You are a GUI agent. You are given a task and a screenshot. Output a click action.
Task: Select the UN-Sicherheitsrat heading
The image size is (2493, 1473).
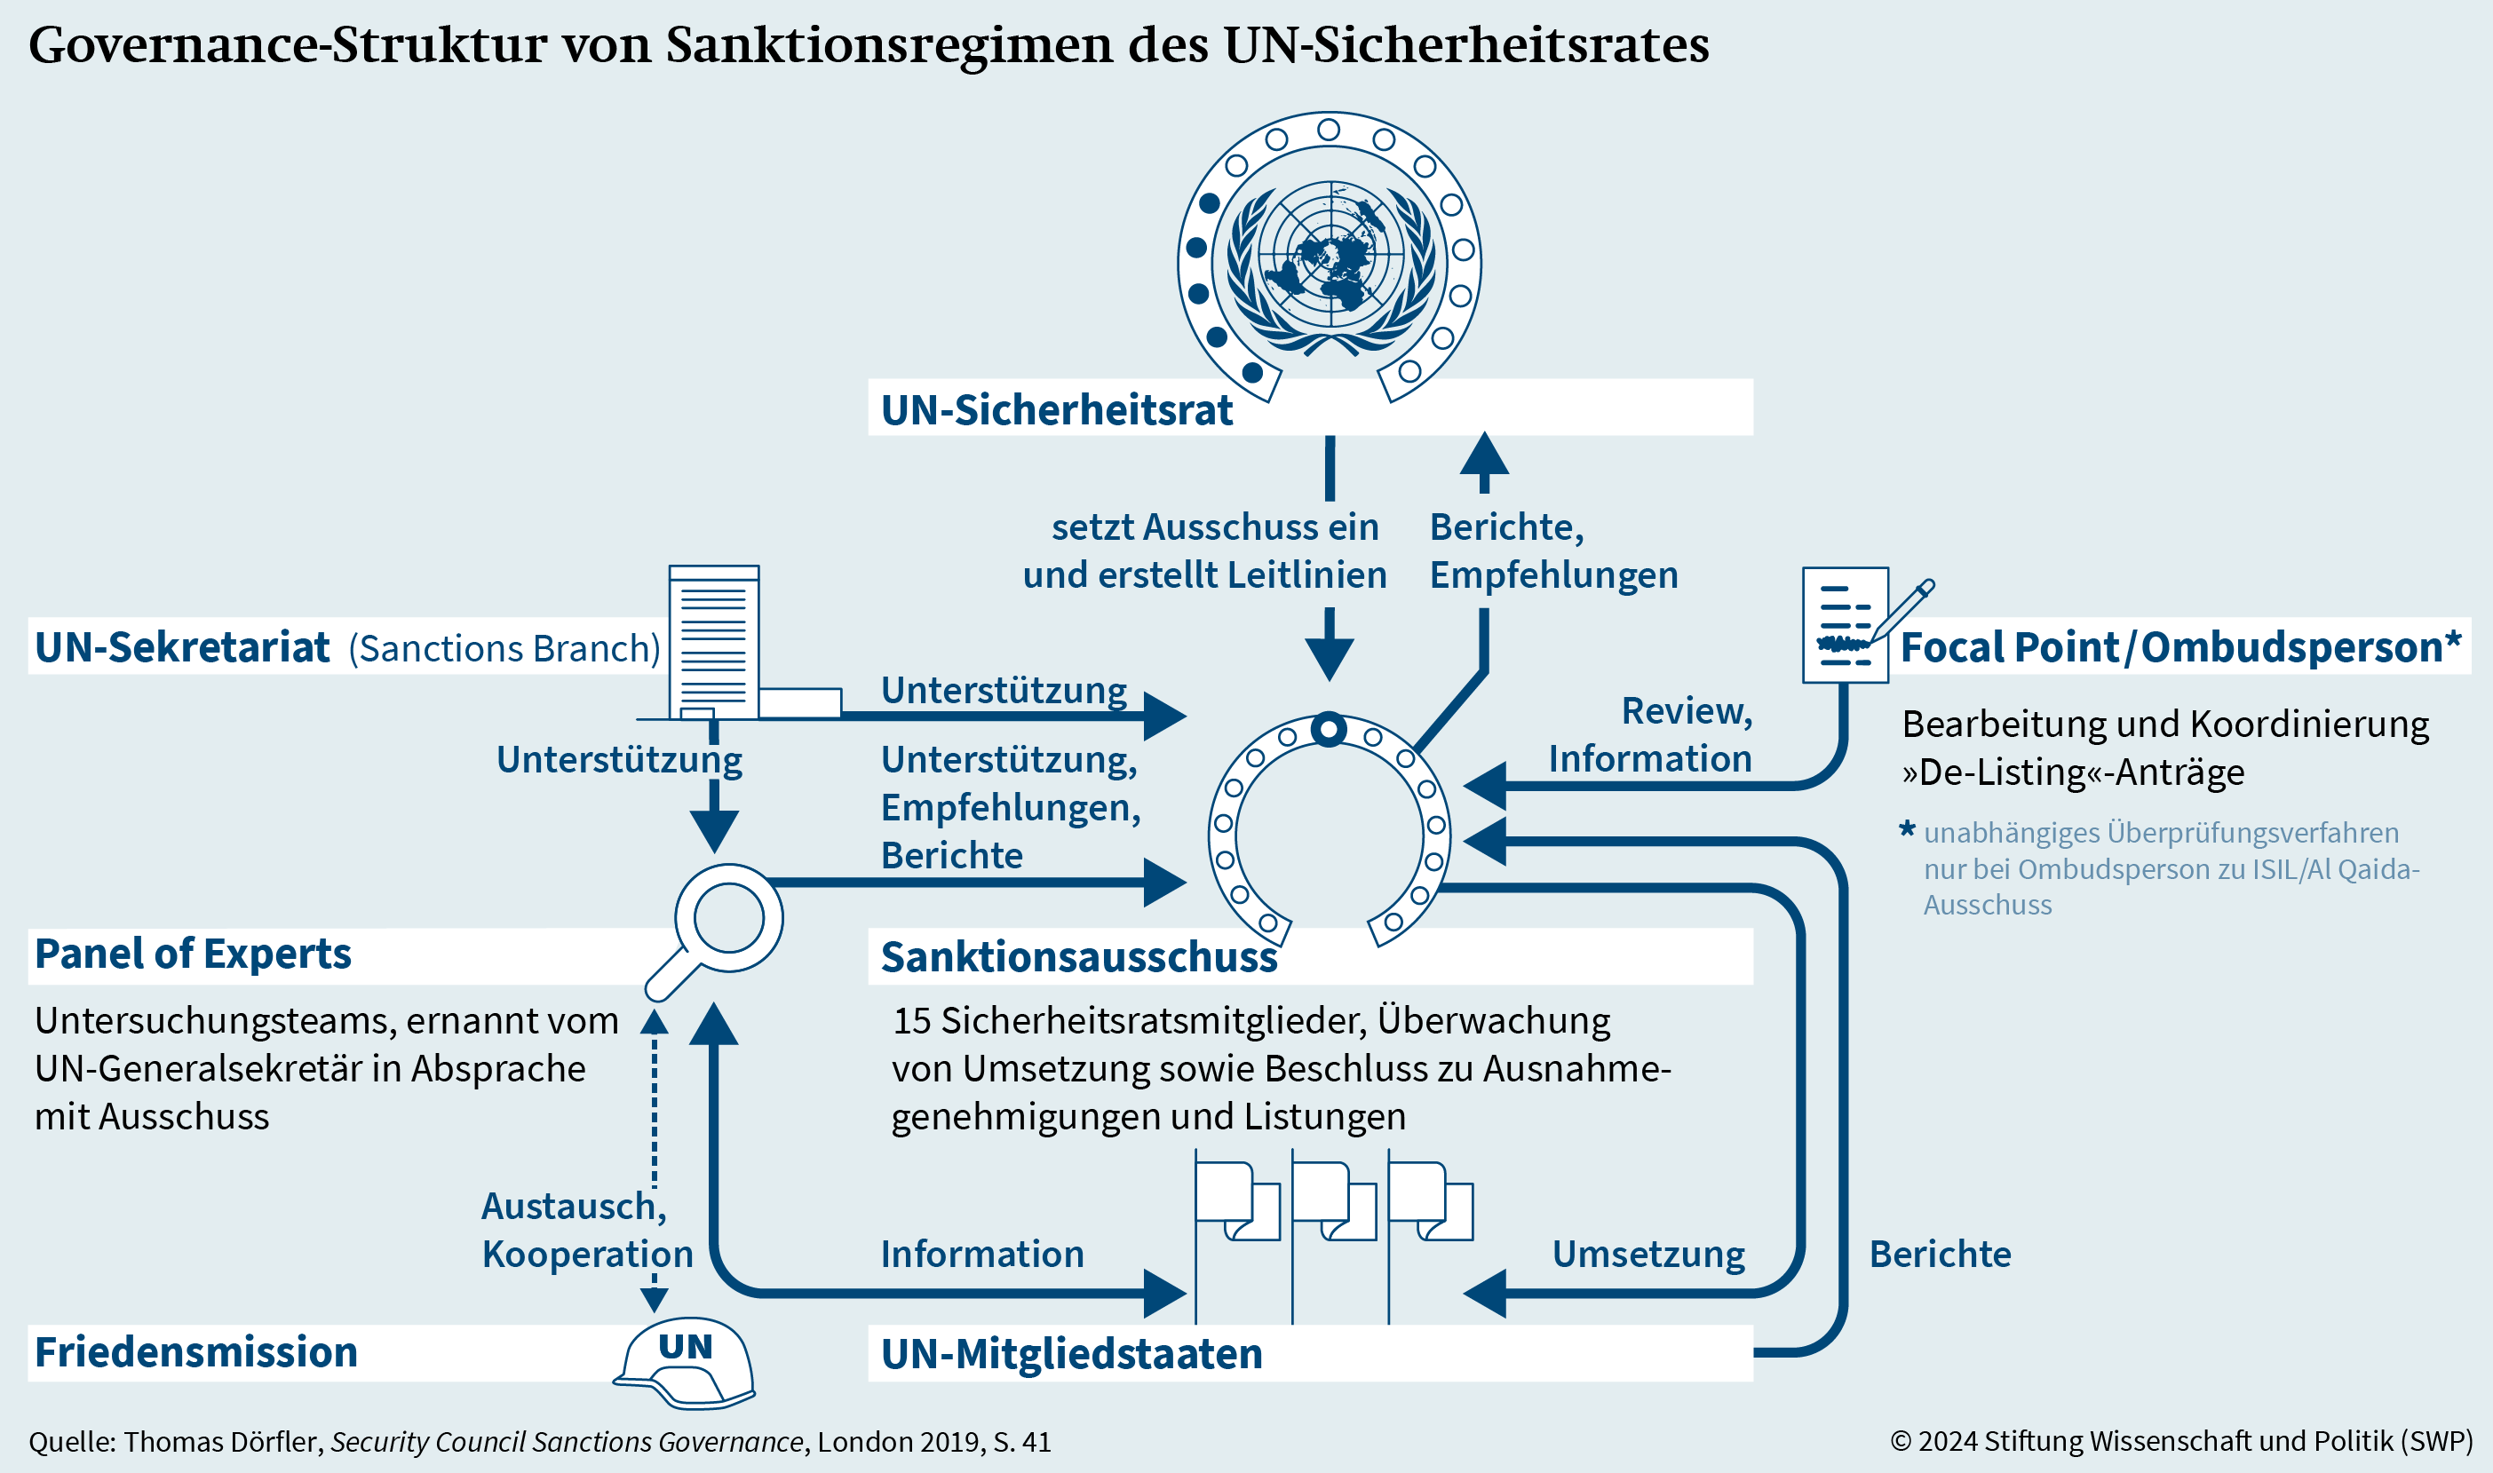[x=1056, y=410]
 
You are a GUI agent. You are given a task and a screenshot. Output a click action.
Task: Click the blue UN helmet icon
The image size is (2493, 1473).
[x=685, y=1363]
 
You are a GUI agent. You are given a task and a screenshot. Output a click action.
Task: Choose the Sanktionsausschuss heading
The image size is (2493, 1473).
[x=1079, y=957]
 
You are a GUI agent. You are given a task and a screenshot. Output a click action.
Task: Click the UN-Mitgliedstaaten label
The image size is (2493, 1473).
[x=1071, y=1354]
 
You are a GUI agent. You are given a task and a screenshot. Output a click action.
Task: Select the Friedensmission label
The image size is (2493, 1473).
[x=195, y=1352]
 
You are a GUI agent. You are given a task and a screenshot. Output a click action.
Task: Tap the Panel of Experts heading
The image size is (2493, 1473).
[x=193, y=954]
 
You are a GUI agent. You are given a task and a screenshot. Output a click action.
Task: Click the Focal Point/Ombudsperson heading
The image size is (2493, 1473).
[x=2180, y=647]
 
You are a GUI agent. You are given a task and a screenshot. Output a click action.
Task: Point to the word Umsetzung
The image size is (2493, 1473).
[x=1648, y=1255]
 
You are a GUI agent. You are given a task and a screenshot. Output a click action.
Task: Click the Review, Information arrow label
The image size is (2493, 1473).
[x=1651, y=734]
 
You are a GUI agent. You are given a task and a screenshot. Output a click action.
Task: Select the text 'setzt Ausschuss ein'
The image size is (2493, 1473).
[x=1215, y=527]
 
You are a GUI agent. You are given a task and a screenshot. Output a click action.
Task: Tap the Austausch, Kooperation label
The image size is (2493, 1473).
[x=588, y=1231]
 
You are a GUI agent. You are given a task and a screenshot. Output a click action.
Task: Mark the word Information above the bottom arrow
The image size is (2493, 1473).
[x=982, y=1255]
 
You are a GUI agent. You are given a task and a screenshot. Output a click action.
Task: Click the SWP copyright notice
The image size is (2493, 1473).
[x=2181, y=1441]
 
